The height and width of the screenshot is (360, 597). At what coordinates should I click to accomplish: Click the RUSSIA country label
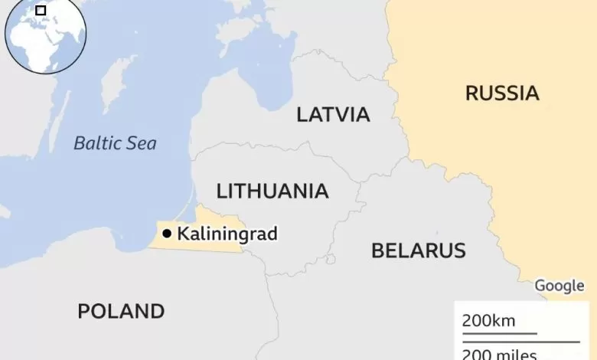(502, 93)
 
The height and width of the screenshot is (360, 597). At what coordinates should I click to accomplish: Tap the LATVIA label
(333, 115)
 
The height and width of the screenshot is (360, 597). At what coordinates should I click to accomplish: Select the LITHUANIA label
(272, 191)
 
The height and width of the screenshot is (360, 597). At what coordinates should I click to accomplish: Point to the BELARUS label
(418, 250)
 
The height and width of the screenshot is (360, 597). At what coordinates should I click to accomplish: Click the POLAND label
(121, 311)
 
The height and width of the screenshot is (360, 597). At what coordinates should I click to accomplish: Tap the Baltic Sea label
(115, 142)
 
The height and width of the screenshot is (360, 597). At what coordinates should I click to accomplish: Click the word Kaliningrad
(227, 234)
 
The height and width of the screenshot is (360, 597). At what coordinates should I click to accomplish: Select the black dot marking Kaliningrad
(167, 233)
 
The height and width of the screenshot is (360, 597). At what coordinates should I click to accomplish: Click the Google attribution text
(559, 286)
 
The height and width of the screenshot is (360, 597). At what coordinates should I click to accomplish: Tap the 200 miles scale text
(499, 353)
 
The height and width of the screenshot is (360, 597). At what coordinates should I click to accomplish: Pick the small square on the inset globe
(41, 11)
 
